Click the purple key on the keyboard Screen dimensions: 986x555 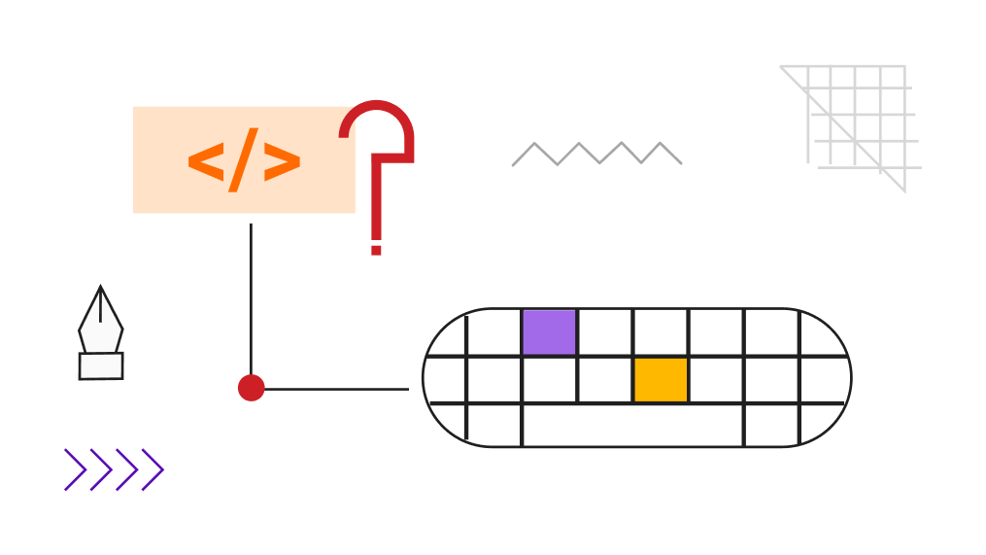549,332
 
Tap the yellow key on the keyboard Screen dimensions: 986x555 661,379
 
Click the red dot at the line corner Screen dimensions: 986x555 251,388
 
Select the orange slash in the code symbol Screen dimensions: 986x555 243,159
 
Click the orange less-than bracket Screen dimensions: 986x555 206,162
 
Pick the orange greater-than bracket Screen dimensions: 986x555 282,162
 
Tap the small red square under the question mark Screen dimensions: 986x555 376,251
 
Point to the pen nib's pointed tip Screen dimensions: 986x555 101,287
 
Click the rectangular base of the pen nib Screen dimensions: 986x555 101,366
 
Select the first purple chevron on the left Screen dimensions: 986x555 76,469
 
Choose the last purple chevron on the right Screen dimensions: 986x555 153,469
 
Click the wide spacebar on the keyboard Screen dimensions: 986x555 632,426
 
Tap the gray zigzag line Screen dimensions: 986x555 596,154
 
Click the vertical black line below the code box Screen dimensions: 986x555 251,299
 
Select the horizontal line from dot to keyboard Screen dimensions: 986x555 336,389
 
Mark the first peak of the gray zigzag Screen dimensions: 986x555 534,144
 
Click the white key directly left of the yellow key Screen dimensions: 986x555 605,379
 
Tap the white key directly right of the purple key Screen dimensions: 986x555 605,332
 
